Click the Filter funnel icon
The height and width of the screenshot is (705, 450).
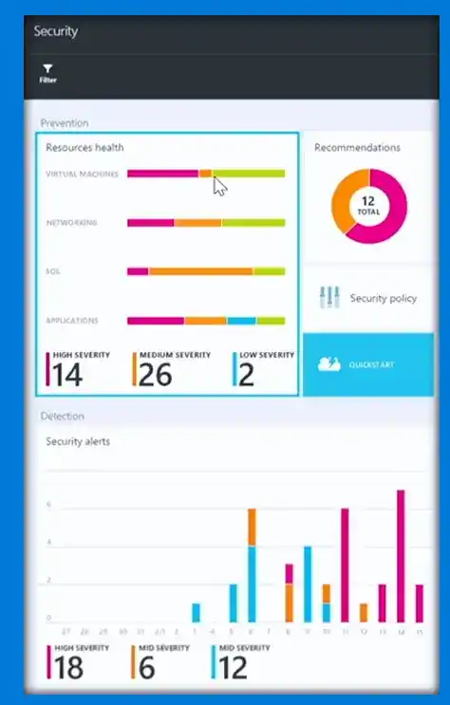[47, 69]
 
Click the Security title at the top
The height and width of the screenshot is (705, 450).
[56, 31]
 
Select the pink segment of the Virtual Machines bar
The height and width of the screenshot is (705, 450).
[162, 174]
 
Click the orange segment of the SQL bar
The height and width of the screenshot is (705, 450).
[200, 271]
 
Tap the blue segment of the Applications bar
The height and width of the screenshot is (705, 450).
[241, 321]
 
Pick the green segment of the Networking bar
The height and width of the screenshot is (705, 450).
[253, 223]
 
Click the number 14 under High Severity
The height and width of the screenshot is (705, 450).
[66, 376]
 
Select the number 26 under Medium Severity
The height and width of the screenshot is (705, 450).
[155, 376]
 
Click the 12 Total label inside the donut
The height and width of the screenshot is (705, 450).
[368, 206]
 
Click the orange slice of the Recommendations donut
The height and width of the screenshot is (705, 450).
[342, 198]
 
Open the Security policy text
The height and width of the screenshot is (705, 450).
[383, 299]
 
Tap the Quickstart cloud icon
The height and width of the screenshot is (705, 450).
[328, 364]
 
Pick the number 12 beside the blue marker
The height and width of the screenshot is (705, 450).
[233, 667]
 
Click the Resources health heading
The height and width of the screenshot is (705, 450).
[84, 147]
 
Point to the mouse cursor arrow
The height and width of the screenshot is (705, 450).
[219, 184]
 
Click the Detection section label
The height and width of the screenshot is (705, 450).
[62, 416]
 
